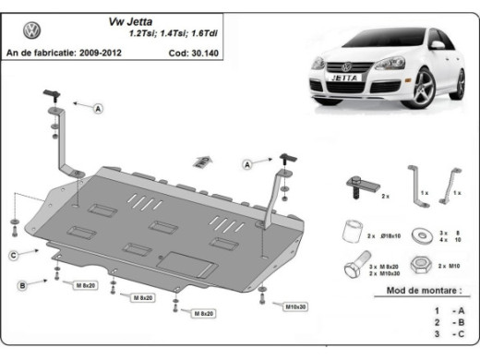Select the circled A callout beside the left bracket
99,109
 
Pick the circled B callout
20,285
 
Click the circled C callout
14,254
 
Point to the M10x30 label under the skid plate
295,306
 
